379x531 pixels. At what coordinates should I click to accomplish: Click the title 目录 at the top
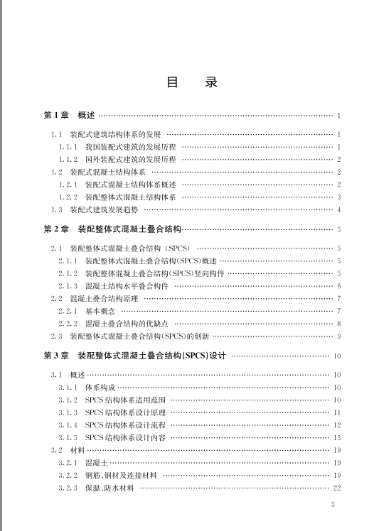click(191, 82)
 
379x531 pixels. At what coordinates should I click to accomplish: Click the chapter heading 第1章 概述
click(69, 115)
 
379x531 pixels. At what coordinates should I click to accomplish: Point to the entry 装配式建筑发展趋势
click(105, 209)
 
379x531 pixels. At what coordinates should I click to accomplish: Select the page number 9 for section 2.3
click(339, 336)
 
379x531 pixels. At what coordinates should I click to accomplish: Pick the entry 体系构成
click(100, 387)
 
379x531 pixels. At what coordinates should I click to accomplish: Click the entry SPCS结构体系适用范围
click(125, 400)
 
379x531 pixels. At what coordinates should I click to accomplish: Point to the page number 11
click(337, 412)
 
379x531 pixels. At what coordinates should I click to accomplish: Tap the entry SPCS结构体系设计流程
click(125, 425)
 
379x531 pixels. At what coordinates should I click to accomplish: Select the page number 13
click(337, 437)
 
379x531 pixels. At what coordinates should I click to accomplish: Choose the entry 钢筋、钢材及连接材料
click(121, 475)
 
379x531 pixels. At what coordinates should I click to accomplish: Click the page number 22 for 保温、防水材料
click(337, 488)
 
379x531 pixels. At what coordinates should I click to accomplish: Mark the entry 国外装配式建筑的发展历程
click(130, 159)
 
